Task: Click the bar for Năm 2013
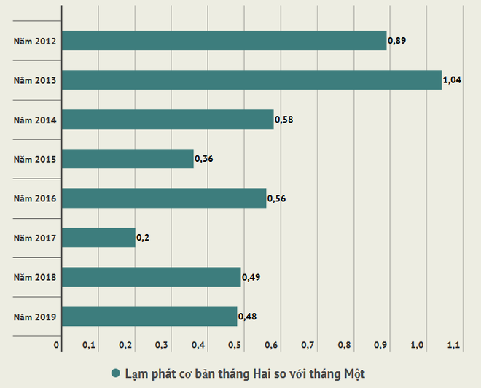click(251, 79)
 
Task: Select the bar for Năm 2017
click(98, 237)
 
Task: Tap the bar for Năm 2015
click(128, 158)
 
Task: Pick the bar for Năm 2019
click(149, 317)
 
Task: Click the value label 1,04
click(453, 79)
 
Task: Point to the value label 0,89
click(396, 40)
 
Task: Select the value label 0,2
click(143, 238)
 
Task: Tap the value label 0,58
click(283, 119)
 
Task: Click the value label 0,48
click(247, 317)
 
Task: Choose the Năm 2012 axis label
click(36, 41)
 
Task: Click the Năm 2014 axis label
click(36, 120)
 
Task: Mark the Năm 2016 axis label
click(36, 198)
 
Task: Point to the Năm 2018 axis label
click(36, 277)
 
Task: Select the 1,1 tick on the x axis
click(453, 344)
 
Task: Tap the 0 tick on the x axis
click(56, 344)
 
